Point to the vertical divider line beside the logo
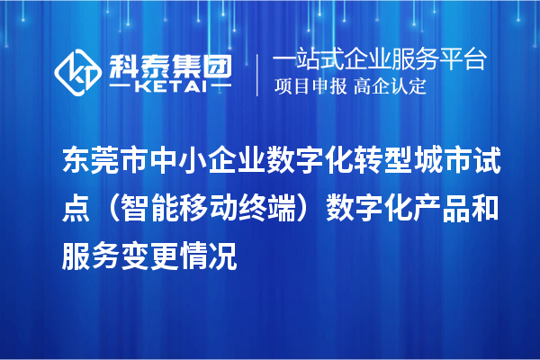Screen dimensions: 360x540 click(258, 74)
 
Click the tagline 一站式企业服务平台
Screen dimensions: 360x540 click(379, 60)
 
